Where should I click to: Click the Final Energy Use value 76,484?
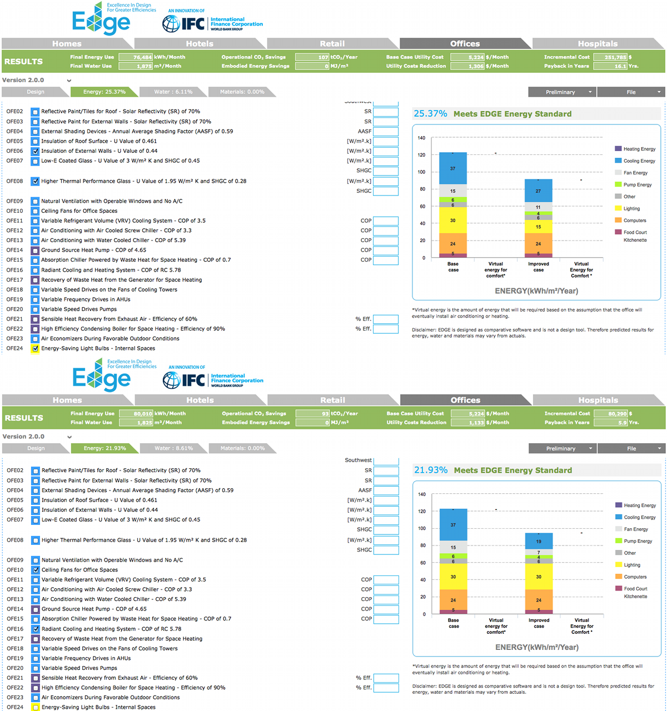coord(142,57)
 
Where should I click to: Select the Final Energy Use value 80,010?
coord(143,414)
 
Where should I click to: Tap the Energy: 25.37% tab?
coord(104,92)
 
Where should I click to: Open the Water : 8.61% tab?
coord(174,448)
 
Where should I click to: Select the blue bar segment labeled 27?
coord(538,191)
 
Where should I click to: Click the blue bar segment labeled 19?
coord(539,541)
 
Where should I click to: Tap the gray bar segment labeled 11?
coord(538,207)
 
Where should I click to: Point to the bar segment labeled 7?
coord(539,553)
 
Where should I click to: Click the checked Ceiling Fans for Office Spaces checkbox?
coord(36,570)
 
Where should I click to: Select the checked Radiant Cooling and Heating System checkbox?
coord(36,629)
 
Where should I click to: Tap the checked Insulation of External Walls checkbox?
coord(35,151)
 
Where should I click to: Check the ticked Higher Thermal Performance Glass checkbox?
coord(35,181)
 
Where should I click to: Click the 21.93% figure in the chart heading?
coord(430,470)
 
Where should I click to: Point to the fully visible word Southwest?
coord(358,460)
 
